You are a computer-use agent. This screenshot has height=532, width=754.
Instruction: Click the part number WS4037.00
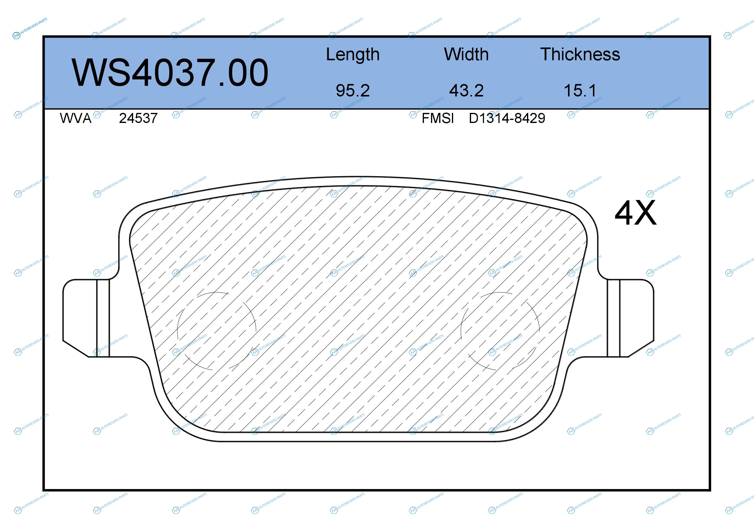click(x=170, y=72)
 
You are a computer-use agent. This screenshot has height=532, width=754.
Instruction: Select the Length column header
click(x=353, y=55)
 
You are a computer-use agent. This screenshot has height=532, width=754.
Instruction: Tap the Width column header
click(x=466, y=54)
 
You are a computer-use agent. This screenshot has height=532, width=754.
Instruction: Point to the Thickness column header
click(x=580, y=54)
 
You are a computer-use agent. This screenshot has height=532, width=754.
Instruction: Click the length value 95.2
click(x=353, y=90)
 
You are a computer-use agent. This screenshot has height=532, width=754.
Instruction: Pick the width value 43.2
click(x=466, y=90)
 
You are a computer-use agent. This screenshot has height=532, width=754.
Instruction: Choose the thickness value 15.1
click(x=580, y=90)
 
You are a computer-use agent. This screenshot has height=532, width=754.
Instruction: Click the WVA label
click(x=76, y=118)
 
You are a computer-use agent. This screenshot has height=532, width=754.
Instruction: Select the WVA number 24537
click(x=138, y=118)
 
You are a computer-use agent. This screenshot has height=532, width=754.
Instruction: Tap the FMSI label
click(x=438, y=118)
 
